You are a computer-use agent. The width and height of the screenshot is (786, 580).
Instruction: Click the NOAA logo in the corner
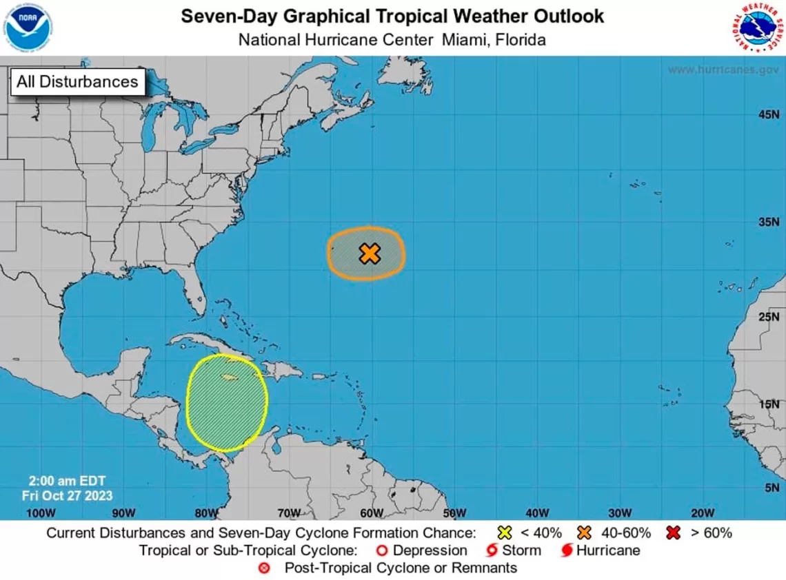(28, 28)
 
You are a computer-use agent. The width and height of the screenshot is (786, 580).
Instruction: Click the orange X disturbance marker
(370, 253)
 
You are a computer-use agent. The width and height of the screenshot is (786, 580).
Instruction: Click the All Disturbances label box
(77, 82)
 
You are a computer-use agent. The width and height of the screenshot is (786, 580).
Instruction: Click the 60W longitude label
(371, 512)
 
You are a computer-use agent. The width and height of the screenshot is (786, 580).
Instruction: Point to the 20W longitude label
(702, 512)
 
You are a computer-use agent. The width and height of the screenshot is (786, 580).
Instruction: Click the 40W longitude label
(536, 512)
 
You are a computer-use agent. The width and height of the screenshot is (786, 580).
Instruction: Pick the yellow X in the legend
(505, 532)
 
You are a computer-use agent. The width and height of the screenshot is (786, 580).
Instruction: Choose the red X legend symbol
(674, 532)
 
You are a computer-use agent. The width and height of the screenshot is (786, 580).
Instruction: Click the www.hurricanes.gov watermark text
(723, 70)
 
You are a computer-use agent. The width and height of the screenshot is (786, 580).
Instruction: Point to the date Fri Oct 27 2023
(67, 495)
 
